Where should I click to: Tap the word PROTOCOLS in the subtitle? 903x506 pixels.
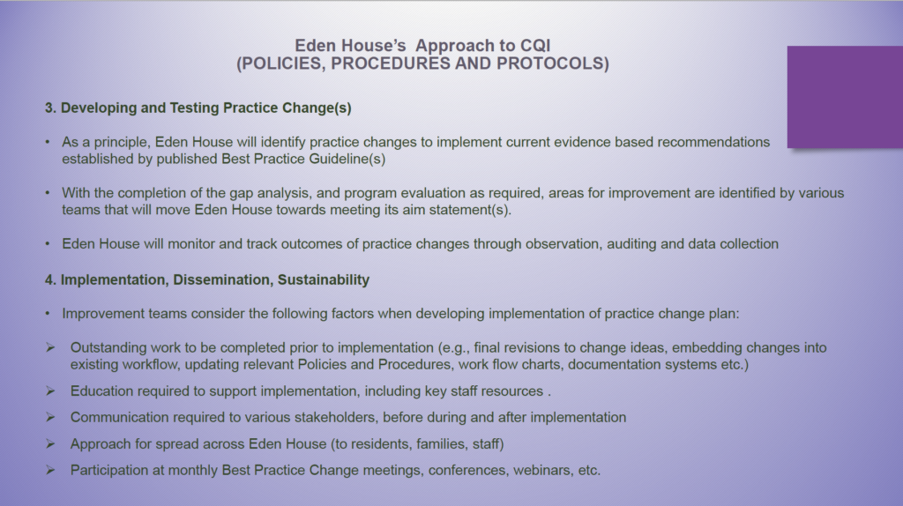pyautogui.click(x=552, y=63)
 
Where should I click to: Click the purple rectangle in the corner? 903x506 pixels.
pyautogui.click(x=845, y=97)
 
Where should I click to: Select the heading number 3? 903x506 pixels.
pyautogui.click(x=50, y=108)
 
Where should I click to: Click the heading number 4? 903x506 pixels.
pyautogui.click(x=50, y=279)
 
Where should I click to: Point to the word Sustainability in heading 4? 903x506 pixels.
pyautogui.click(x=323, y=279)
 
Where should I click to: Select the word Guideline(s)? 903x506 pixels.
pyautogui.click(x=347, y=159)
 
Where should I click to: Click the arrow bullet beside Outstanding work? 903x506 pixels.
pyautogui.click(x=50, y=347)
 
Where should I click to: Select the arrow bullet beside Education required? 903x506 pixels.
pyautogui.click(x=50, y=391)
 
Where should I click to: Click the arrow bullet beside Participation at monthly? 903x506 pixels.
pyautogui.click(x=50, y=471)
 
